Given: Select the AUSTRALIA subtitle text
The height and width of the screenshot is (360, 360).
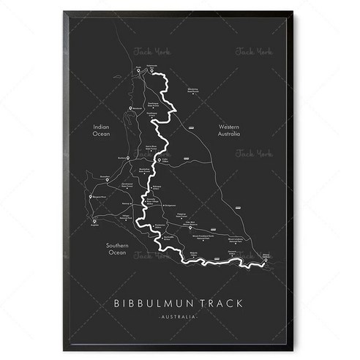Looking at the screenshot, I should click(179, 315).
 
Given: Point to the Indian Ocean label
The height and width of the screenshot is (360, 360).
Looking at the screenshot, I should click(101, 130).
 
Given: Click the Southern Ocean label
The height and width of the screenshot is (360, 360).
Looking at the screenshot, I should click(118, 250).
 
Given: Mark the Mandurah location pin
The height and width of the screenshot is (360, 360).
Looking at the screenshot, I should click(129, 108).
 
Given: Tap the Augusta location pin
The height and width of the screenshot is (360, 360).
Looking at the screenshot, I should click(94, 222).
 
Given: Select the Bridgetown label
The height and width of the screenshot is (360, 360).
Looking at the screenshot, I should click(171, 206).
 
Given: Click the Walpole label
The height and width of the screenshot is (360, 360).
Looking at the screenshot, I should click(193, 251).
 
